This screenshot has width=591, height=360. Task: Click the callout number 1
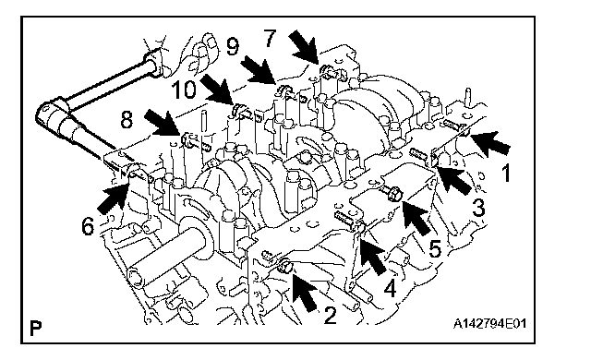click(506, 174)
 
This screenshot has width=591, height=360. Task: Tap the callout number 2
click(330, 316)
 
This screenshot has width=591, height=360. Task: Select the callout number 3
click(478, 207)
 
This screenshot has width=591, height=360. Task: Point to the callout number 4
click(390, 288)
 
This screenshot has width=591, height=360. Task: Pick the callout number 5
click(435, 248)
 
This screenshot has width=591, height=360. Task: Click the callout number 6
click(88, 227)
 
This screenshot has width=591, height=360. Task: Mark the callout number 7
click(270, 39)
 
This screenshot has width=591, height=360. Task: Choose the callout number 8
click(127, 120)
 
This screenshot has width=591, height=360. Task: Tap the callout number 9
click(233, 47)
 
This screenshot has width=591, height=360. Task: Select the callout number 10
click(184, 90)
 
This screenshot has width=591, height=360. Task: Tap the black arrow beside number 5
click(416, 217)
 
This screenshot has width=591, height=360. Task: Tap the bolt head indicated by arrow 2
click(285, 267)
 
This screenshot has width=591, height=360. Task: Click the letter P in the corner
click(35, 328)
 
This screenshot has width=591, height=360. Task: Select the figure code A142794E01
click(489, 323)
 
